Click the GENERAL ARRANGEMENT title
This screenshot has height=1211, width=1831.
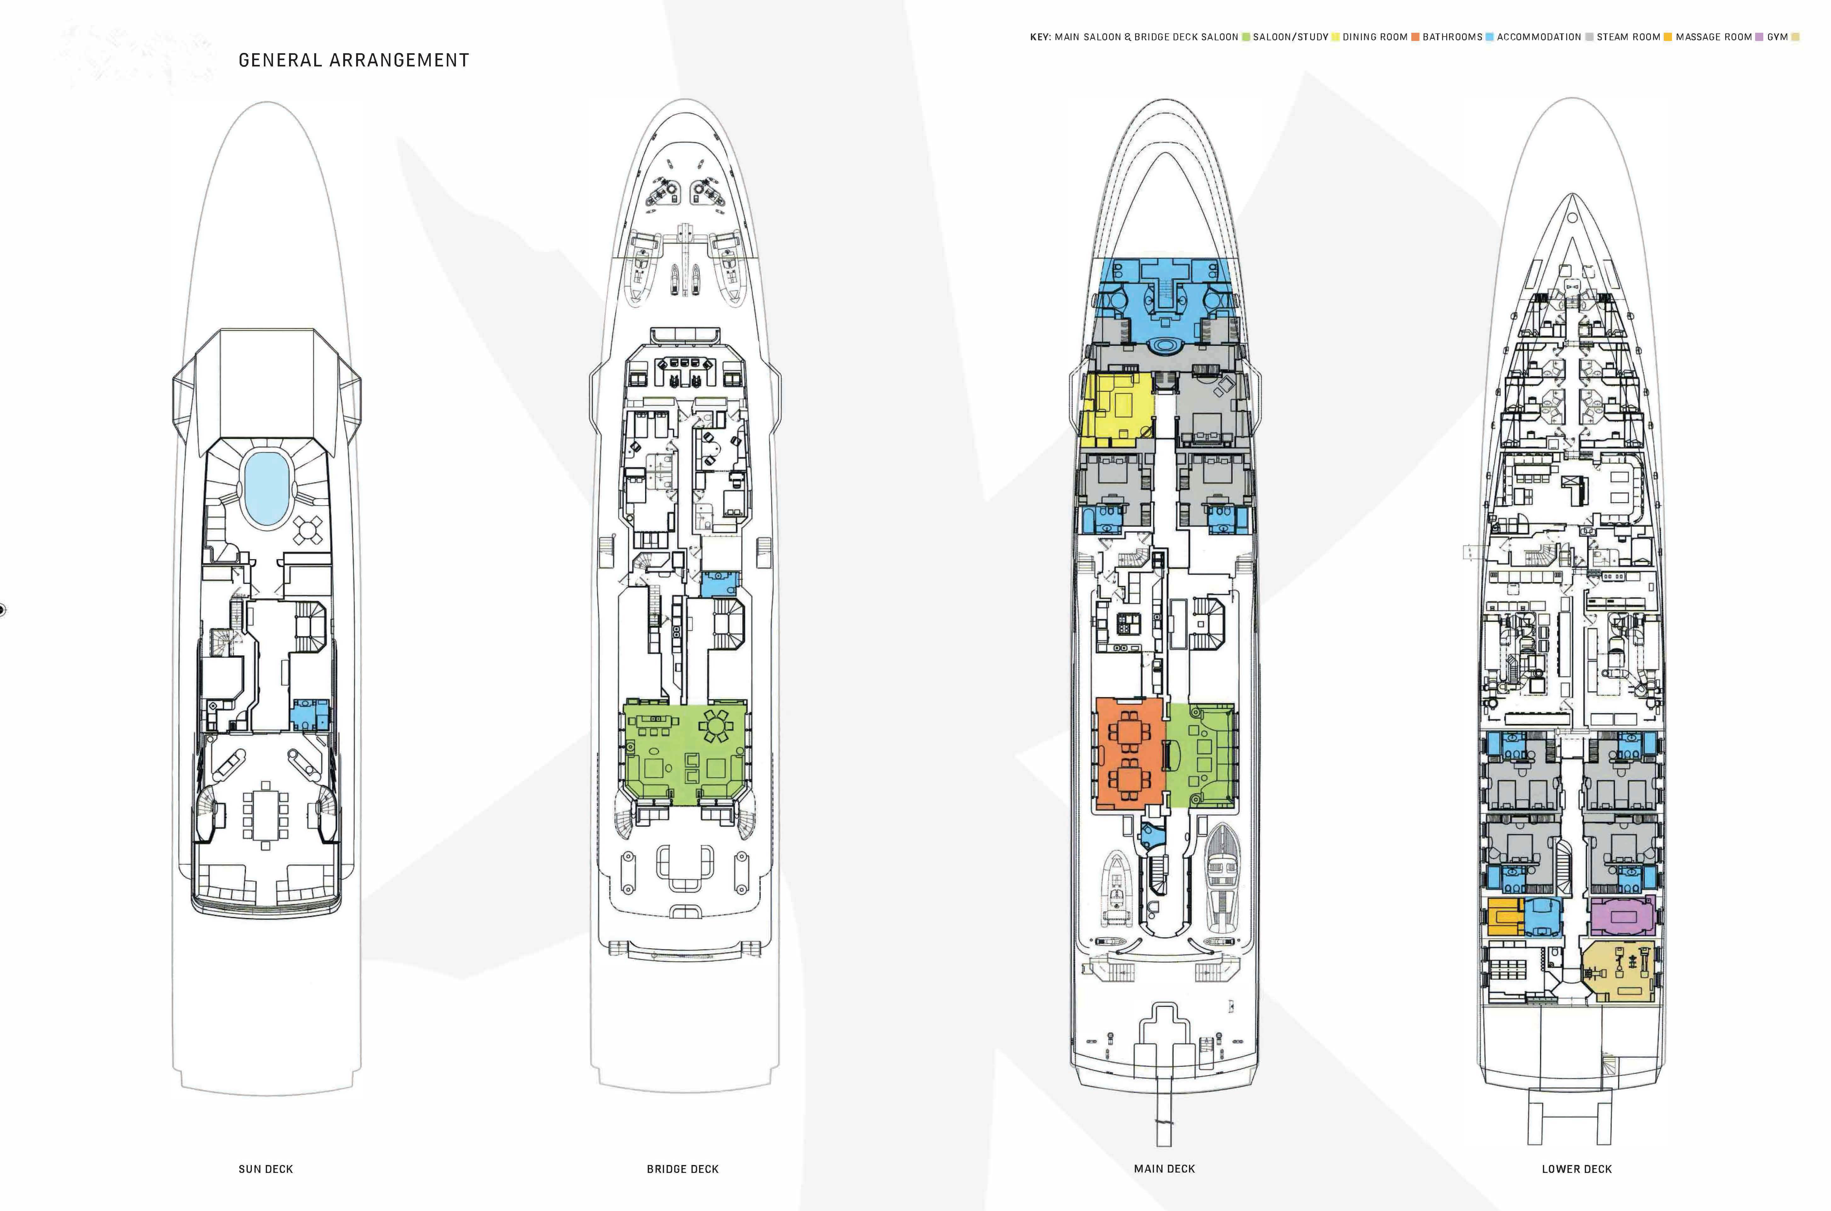click(x=354, y=60)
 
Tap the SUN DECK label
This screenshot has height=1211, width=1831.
click(x=265, y=1168)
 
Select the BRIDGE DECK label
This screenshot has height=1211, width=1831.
click(x=682, y=1168)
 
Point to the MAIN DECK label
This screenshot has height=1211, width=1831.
click(x=1164, y=1168)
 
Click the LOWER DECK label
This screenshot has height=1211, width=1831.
click(x=1576, y=1168)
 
